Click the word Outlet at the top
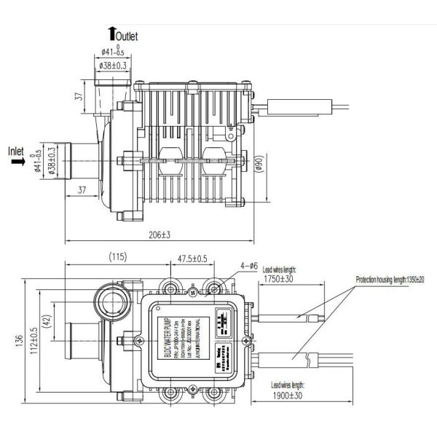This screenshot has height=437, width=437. (127, 35)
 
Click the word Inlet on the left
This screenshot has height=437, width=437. (17, 151)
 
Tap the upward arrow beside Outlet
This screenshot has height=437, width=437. (111, 31)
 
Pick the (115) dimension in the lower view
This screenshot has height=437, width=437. (118, 256)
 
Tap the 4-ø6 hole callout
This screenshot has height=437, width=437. (248, 266)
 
